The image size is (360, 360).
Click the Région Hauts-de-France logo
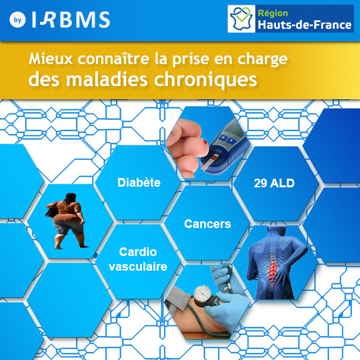290,19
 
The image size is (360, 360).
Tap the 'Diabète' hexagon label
139,182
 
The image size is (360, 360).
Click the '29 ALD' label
275,182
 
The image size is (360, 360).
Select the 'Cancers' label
207,224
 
